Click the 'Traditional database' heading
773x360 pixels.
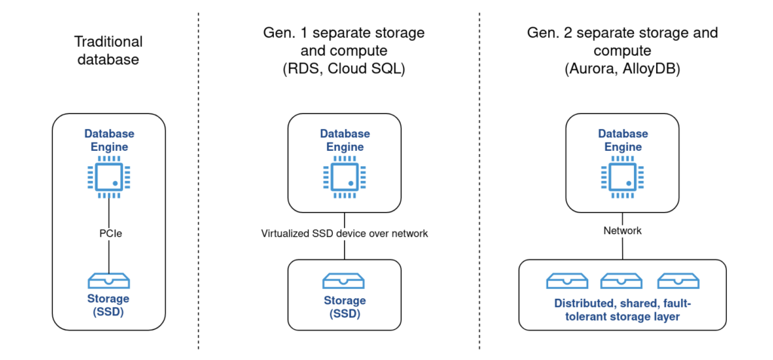click(109, 51)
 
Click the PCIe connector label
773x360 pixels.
click(109, 234)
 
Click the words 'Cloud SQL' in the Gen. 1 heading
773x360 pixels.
click(371, 69)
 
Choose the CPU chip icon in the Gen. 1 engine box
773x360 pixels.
click(344, 179)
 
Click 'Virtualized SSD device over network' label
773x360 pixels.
click(344, 233)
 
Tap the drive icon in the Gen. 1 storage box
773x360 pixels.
click(344, 282)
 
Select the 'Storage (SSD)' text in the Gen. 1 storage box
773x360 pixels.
click(344, 306)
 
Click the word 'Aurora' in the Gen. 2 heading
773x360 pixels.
click(594, 69)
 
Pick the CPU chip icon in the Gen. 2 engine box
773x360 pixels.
click(622, 179)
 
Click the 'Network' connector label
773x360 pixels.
click(622, 230)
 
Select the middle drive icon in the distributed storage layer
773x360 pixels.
click(621, 282)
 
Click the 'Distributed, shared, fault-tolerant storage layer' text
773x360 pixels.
click(622, 309)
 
